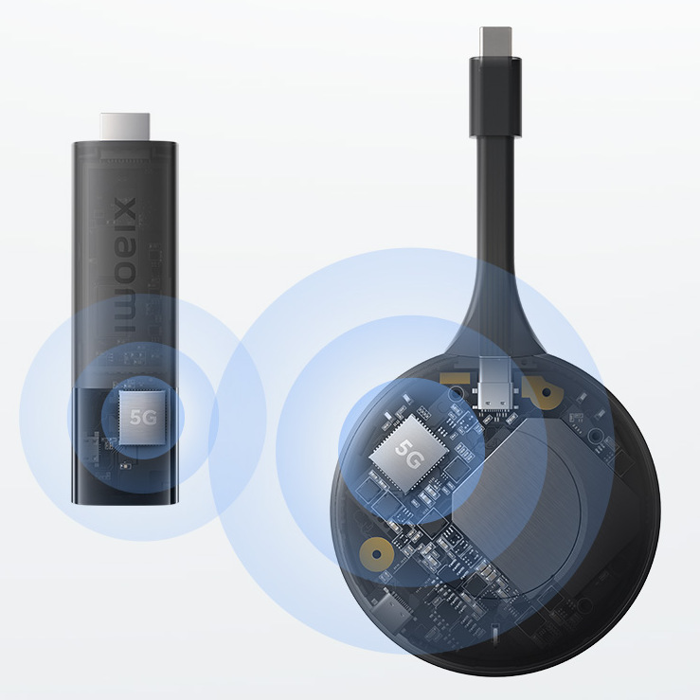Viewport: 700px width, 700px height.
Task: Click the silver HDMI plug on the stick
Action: pos(125,127)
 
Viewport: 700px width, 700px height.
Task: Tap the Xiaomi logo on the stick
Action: pos(125,266)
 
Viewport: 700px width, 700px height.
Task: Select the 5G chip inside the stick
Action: pos(142,418)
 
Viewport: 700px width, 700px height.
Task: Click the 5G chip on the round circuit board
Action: pos(407,454)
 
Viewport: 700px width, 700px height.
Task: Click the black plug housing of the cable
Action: pos(495,96)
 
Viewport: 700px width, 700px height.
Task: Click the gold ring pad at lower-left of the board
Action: pos(377,554)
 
